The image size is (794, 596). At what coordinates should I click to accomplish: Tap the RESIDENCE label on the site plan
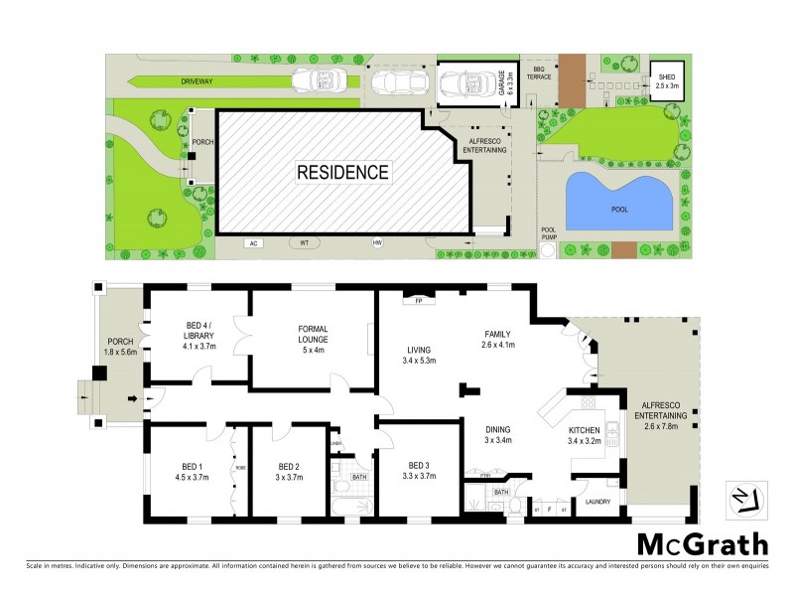tap(342, 172)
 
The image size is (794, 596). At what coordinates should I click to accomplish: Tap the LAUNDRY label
tap(597, 502)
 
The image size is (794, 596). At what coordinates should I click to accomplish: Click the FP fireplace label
tap(419, 300)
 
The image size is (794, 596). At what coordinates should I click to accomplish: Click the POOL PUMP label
tap(549, 234)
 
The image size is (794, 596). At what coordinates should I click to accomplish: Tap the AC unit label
tap(253, 242)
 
